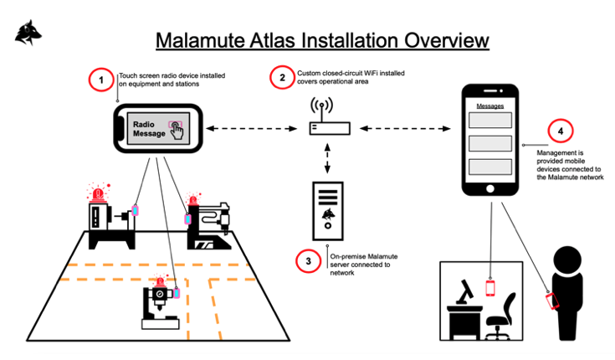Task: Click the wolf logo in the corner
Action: (29, 32)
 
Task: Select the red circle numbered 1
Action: (101, 80)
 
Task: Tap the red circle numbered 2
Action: (282, 78)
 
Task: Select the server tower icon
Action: (326, 209)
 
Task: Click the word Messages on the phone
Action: (489, 106)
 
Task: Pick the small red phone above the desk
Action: (490, 287)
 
